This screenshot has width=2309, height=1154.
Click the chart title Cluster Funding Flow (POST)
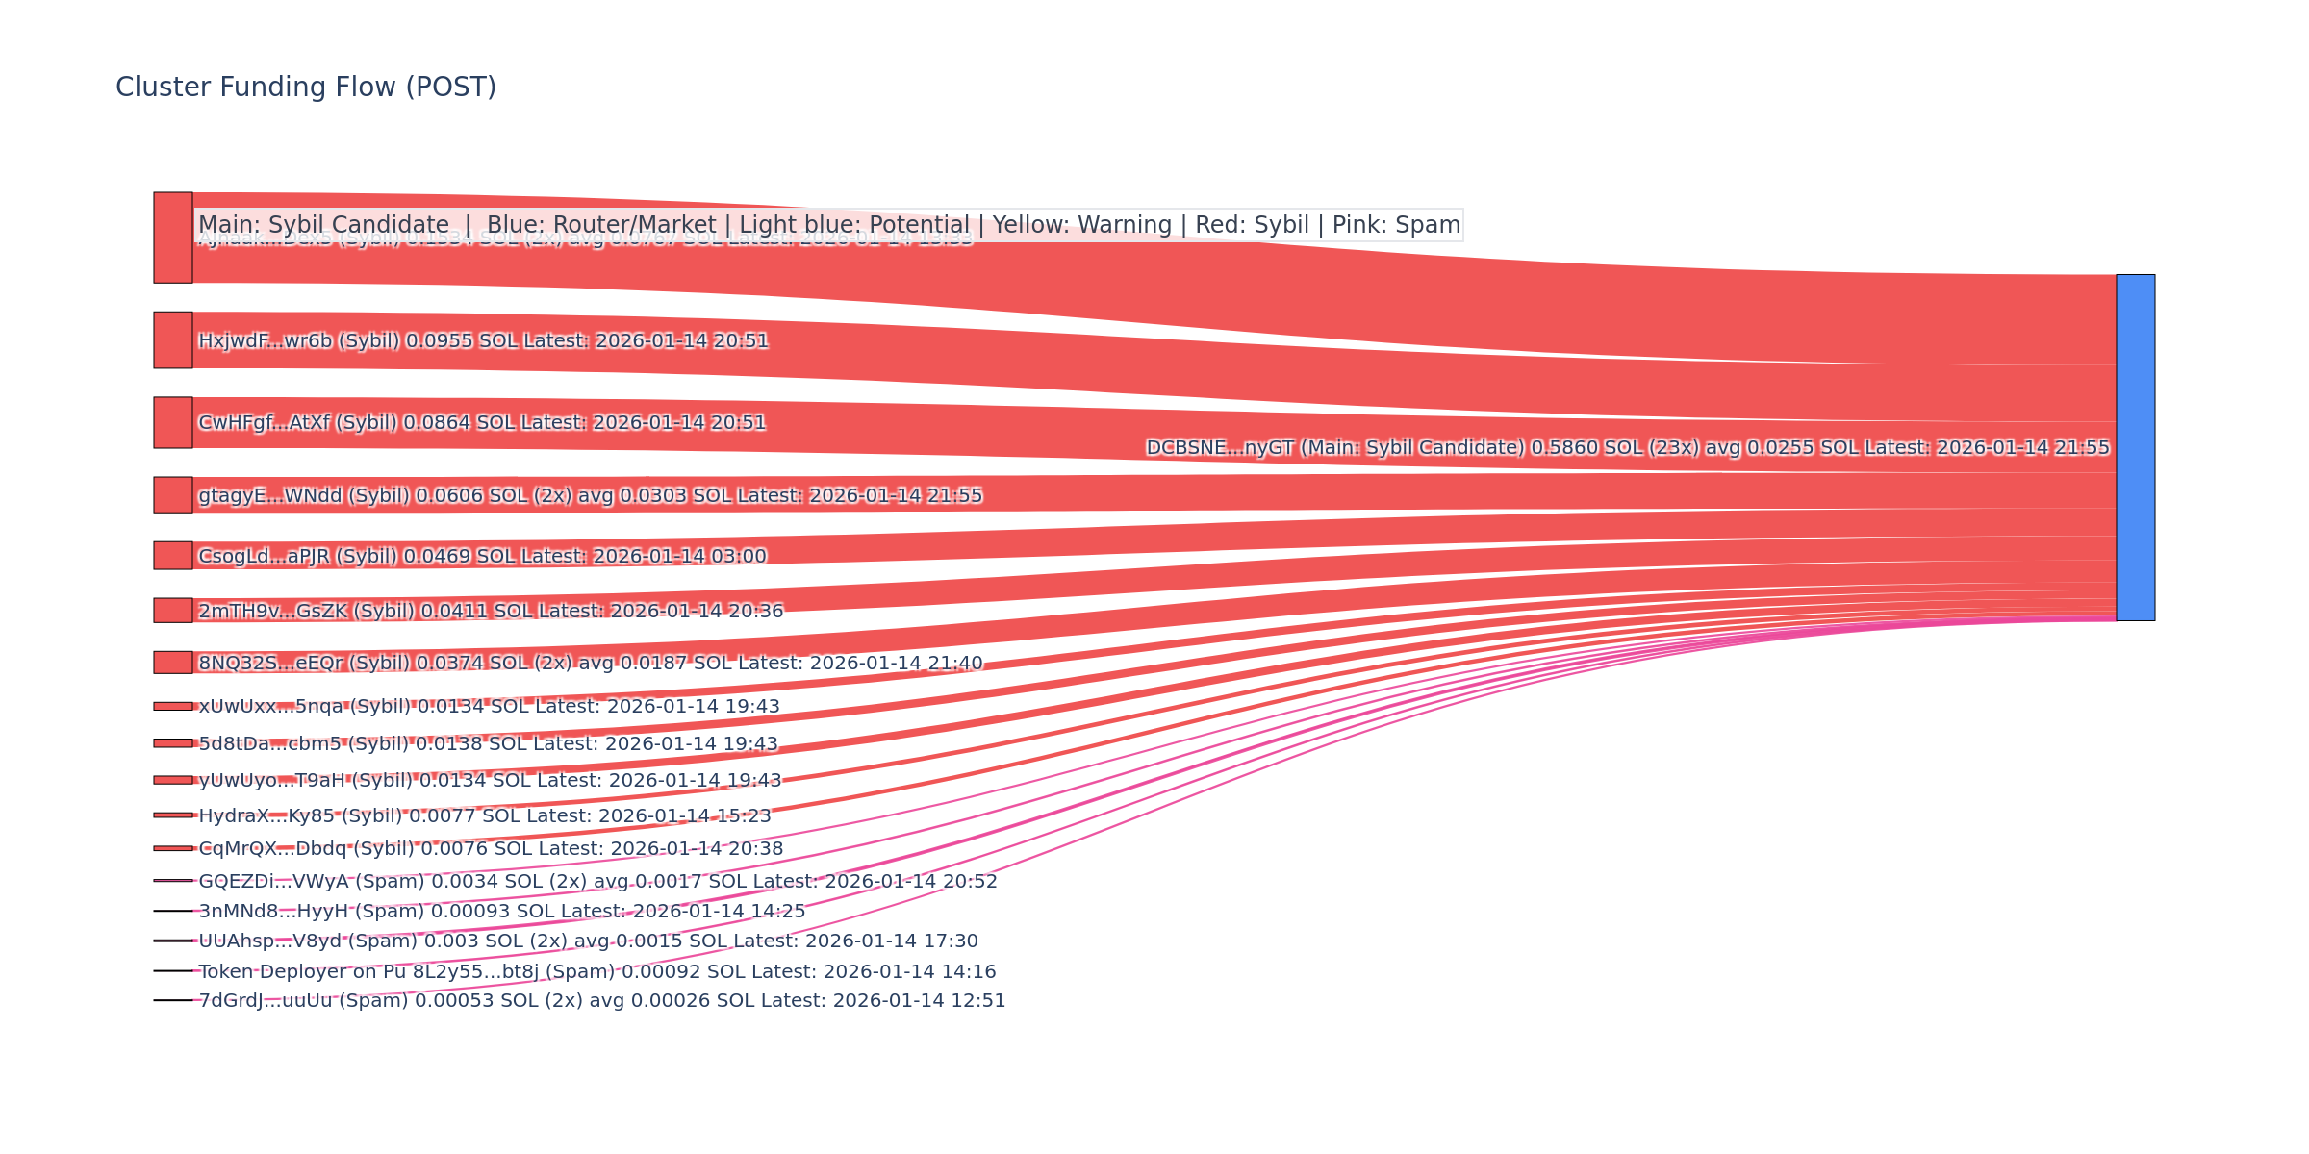[x=306, y=88]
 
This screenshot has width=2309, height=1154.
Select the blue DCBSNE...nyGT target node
[x=2135, y=447]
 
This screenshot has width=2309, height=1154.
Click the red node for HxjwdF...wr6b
[x=173, y=339]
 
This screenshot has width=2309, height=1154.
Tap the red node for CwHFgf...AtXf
[x=173, y=422]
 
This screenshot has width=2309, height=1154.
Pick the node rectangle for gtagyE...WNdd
[x=173, y=494]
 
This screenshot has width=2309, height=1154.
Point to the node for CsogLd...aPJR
[x=173, y=555]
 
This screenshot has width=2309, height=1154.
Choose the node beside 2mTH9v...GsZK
[x=173, y=610]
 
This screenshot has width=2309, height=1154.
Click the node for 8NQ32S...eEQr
[x=173, y=662]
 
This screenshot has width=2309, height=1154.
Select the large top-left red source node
[x=173, y=238]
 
